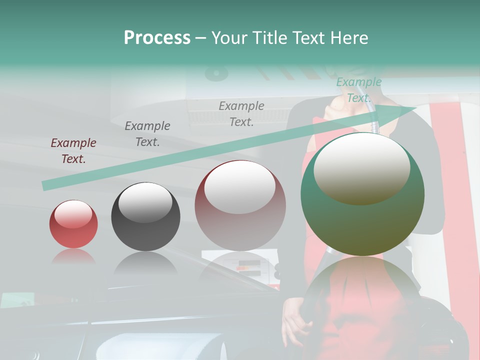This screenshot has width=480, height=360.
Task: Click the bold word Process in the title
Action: coord(157,37)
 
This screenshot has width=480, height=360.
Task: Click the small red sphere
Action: coord(73,224)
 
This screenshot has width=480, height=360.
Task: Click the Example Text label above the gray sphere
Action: coord(147,134)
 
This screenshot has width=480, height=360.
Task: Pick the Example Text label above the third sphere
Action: coord(241,114)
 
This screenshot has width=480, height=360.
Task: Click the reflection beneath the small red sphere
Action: coord(73,257)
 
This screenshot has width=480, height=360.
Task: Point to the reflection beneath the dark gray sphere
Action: coord(145,262)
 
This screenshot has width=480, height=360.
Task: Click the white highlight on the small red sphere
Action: coord(73,214)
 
